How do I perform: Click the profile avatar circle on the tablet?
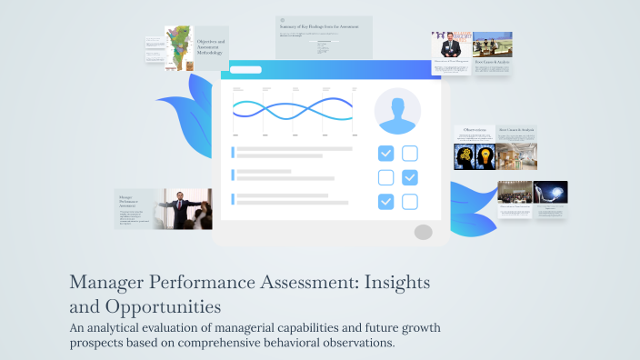tap(397, 111)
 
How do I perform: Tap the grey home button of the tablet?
tap(423, 232)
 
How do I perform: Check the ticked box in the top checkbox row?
tap(386, 154)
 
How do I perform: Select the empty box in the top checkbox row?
tap(410, 154)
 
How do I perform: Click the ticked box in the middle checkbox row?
tap(410, 177)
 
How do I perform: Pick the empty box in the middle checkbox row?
tap(386, 177)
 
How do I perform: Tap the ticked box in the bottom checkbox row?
tap(386, 202)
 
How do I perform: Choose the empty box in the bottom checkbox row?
tap(410, 202)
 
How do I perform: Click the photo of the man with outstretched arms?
tap(187, 209)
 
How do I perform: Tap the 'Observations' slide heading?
tap(474, 130)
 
